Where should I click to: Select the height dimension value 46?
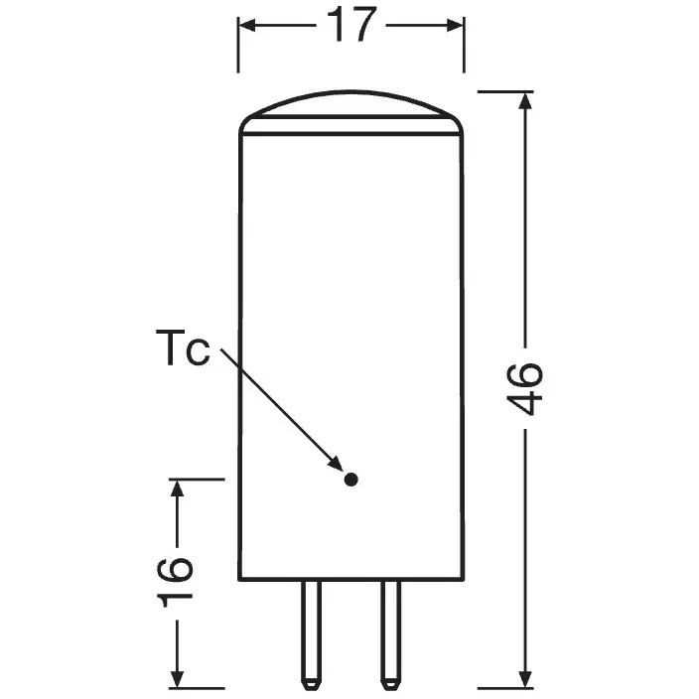coord(525,389)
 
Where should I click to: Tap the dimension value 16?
coord(176,581)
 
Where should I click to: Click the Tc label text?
coord(183,349)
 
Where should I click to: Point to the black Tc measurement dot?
coord(350,480)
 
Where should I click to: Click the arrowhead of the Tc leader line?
coord(336,464)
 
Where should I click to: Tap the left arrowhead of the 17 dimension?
coord(248,26)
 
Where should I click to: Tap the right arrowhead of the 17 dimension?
coord(455,26)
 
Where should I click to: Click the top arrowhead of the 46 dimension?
coord(526,100)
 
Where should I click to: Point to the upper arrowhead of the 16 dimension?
coord(178,489)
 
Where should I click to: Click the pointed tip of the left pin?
coord(311,689)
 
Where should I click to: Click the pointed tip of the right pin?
coord(390,689)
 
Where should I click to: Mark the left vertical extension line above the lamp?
coord(238,45)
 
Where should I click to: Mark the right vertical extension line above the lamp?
coord(464,45)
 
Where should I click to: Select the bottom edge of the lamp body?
coord(351,580)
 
